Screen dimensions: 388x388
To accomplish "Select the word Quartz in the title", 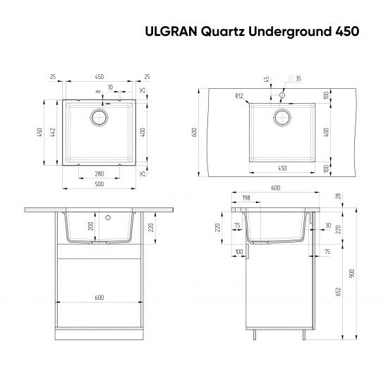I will pos(221,31).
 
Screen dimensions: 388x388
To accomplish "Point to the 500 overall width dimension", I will pos(99,184).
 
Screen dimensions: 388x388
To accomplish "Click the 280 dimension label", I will pos(99,174).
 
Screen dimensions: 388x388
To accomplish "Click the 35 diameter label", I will pos(298,78).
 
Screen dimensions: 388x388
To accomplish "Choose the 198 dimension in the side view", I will pos(246,198).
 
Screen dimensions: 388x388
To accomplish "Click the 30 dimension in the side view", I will pos(328,226).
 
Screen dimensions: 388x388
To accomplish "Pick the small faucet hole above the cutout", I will pos(281,94).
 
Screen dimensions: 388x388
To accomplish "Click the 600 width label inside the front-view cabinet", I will pos(99,298).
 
